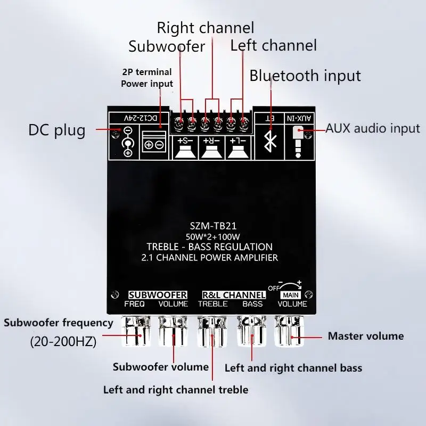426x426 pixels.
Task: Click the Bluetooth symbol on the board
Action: click(271, 142)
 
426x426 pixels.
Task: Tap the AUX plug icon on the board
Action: click(298, 142)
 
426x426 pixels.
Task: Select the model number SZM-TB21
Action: click(213, 226)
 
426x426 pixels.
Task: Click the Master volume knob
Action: click(289, 331)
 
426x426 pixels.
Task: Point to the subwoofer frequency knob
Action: click(136, 331)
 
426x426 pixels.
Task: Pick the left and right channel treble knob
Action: click(212, 331)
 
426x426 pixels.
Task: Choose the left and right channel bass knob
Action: click(251, 331)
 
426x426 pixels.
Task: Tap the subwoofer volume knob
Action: click(173, 331)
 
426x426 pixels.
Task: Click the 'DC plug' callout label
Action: click(57, 130)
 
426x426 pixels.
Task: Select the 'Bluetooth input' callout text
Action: click(305, 76)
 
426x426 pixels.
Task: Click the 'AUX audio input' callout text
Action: click(373, 128)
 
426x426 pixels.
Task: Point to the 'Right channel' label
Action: click(206, 28)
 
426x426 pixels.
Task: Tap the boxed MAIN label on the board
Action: click(290, 295)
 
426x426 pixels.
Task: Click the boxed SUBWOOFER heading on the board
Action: click(158, 295)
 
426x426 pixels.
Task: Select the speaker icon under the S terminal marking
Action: click(185, 152)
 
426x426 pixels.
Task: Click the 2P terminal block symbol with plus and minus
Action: click(154, 142)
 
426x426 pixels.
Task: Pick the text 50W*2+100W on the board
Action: click(212, 236)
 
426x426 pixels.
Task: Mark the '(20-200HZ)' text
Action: click(63, 341)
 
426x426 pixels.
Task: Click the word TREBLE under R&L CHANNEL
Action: click(212, 304)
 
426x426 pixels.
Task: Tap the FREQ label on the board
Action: click(135, 304)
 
